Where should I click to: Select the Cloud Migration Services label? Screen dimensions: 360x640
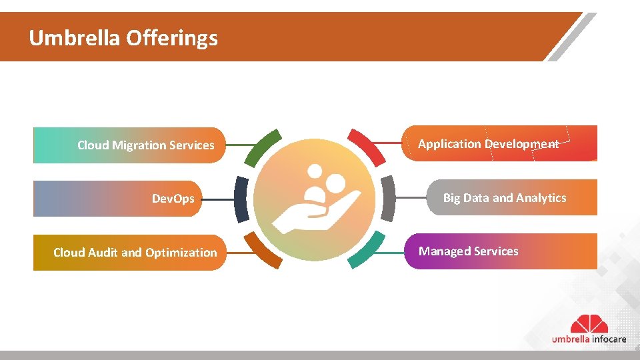point(145,145)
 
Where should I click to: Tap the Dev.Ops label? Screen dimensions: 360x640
point(173,199)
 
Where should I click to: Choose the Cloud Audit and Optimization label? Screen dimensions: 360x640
point(135,253)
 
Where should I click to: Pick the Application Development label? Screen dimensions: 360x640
point(488,144)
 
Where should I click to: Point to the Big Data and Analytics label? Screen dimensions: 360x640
point(504,198)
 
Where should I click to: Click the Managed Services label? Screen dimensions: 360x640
point(468,251)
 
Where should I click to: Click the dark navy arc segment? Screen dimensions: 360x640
point(241,199)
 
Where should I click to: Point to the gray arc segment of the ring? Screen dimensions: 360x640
point(387,199)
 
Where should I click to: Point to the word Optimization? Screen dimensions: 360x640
point(181,253)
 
